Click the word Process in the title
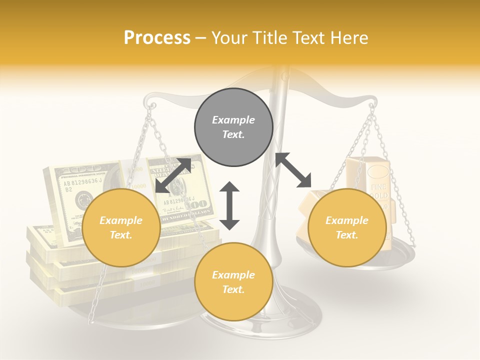(x=157, y=38)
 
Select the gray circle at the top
(x=233, y=127)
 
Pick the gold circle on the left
(x=121, y=227)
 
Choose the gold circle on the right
(x=347, y=227)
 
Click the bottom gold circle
(x=233, y=281)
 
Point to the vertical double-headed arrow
(x=229, y=205)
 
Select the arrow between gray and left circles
(x=173, y=175)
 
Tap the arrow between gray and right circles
(x=293, y=170)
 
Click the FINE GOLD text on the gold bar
(x=378, y=191)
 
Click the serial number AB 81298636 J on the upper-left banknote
(x=82, y=182)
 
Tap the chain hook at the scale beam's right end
(x=371, y=105)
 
